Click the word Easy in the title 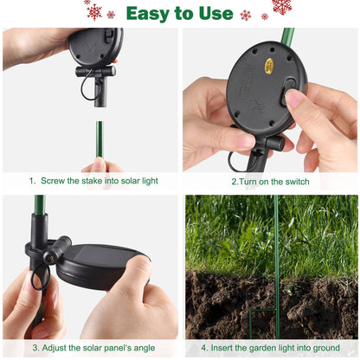(148, 13)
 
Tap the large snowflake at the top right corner (281, 7)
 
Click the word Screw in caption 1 (54, 183)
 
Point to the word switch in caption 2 (291, 183)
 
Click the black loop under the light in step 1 (85, 87)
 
